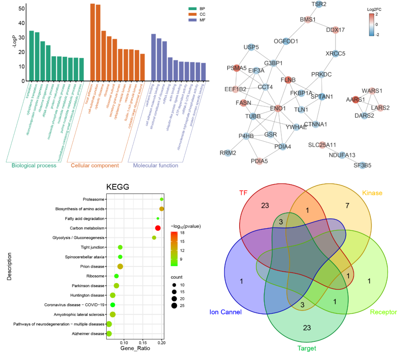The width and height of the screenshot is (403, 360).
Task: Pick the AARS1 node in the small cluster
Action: (355, 100)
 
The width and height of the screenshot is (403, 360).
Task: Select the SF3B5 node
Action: (362, 165)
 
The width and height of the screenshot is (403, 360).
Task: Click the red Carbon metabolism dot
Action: (158, 228)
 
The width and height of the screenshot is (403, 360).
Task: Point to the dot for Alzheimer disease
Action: (109, 333)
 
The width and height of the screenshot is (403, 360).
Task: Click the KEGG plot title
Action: (118, 187)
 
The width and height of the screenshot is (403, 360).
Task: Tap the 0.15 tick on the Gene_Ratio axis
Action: (143, 342)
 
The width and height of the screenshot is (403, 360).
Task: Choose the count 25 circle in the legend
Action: (174, 306)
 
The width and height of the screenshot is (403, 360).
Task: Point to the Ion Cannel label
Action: (225, 312)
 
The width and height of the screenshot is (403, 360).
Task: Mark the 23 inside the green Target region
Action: (307, 328)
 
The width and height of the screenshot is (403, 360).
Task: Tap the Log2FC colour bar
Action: (372, 25)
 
